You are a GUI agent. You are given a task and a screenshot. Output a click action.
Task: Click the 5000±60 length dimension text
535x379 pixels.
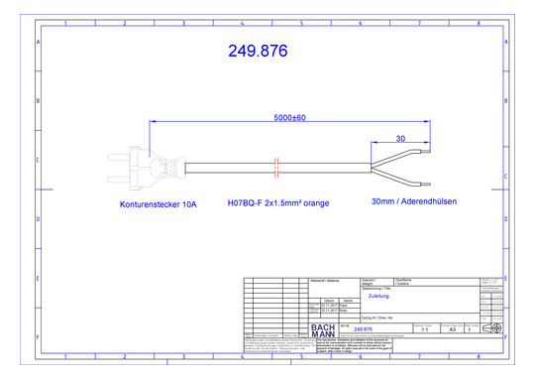[x=289, y=118]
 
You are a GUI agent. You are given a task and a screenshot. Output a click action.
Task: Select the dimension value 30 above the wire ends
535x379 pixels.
[x=400, y=139]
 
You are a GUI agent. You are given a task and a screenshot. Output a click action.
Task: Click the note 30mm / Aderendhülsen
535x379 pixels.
[x=413, y=201]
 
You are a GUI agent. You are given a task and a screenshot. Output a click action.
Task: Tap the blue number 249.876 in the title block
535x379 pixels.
[x=363, y=328]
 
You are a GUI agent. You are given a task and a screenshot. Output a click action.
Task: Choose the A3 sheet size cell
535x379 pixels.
[x=452, y=328]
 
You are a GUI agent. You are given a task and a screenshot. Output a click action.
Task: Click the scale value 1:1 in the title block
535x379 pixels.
[x=424, y=328]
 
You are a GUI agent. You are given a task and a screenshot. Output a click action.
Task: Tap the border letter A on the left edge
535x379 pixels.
[x=38, y=44]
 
